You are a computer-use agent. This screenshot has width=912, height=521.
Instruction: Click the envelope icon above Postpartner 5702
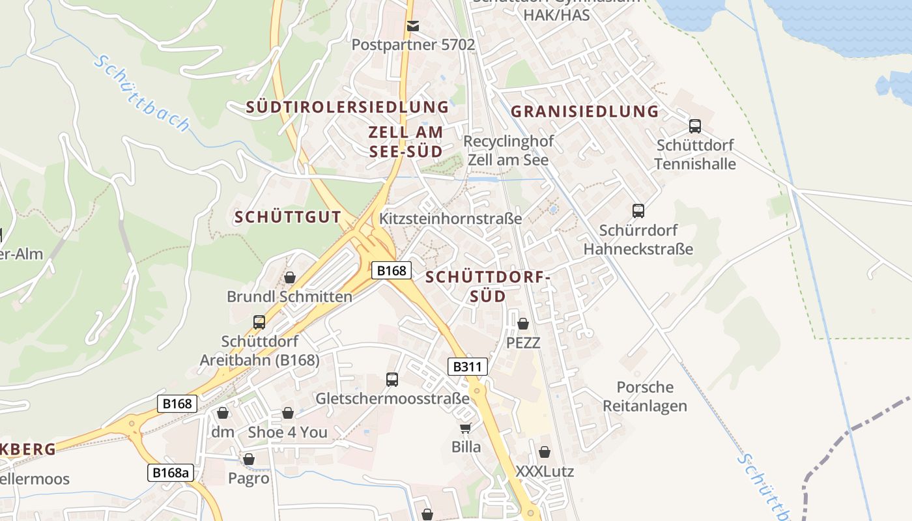[412, 26]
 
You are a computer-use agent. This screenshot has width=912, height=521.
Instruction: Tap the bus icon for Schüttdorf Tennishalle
[695, 126]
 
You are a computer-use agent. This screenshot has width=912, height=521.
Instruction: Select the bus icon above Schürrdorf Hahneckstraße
[638, 210]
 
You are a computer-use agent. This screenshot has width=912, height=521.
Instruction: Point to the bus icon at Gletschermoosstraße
[392, 379]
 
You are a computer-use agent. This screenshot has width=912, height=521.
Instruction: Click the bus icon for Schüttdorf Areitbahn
[259, 322]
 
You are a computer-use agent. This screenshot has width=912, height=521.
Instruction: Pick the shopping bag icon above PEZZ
[523, 323]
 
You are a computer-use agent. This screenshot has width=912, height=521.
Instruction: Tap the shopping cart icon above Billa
[466, 428]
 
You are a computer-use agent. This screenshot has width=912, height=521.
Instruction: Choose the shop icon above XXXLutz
[545, 451]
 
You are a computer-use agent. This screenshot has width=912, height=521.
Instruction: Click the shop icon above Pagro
[249, 459]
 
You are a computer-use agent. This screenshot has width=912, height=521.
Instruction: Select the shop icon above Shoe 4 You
[288, 413]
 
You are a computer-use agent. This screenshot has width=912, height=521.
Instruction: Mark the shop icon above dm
[223, 413]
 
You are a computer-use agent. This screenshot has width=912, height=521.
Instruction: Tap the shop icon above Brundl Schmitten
[290, 277]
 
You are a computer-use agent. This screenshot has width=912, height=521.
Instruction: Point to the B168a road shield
[171, 472]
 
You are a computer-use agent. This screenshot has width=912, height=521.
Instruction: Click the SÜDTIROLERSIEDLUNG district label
[347, 107]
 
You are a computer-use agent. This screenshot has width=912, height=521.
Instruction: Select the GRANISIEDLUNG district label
[584, 111]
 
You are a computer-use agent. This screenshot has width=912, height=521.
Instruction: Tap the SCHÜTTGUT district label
[287, 218]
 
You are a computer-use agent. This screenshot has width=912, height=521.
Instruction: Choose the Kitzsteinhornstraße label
[450, 218]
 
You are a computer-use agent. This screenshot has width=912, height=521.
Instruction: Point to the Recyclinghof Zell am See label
[508, 150]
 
